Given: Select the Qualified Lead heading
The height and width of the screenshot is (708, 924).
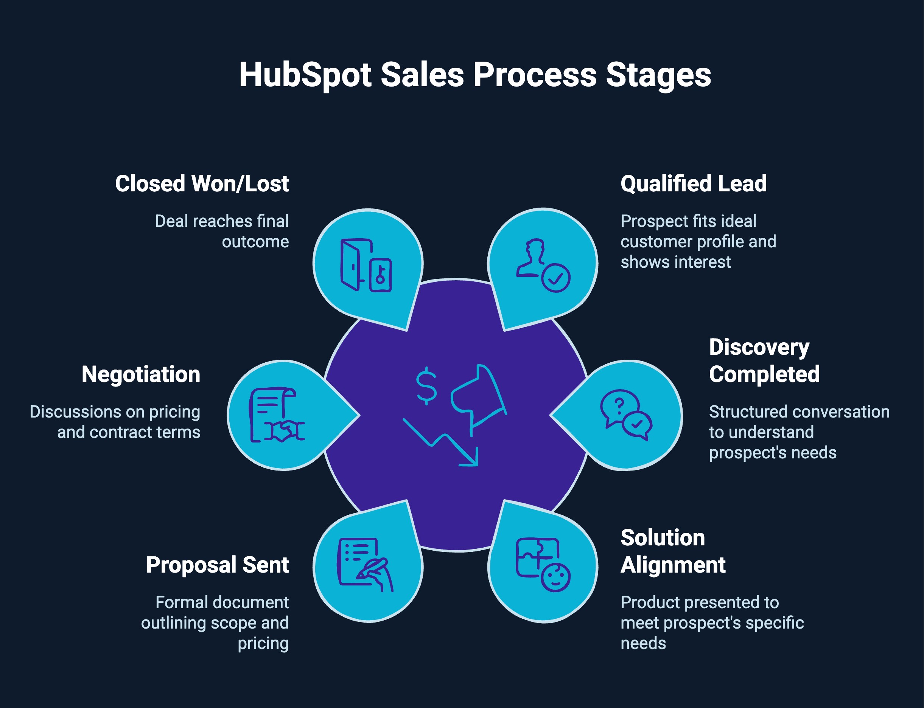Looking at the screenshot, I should pyautogui.click(x=694, y=184).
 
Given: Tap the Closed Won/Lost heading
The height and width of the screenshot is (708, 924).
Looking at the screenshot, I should pyautogui.click(x=202, y=184).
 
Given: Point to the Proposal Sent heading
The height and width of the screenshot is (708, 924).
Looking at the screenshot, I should pyautogui.click(x=217, y=565).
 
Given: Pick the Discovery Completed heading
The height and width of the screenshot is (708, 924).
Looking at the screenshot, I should pyautogui.click(x=764, y=361).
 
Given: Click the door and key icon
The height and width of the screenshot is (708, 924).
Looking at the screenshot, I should pyautogui.click(x=366, y=265).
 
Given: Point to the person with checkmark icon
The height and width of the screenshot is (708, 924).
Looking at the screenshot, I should pyautogui.click(x=543, y=265).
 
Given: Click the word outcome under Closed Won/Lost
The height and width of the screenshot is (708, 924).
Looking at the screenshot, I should pyautogui.click(x=255, y=242).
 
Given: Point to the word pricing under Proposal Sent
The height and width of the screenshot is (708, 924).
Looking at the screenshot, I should pyautogui.click(x=263, y=644).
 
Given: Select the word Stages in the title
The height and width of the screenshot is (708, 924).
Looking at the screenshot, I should pyautogui.click(x=658, y=75).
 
